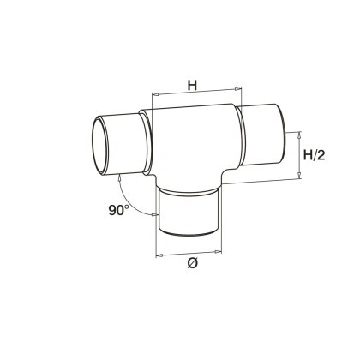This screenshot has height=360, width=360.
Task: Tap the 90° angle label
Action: (120, 210)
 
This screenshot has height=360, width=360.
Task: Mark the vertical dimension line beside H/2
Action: (299, 155)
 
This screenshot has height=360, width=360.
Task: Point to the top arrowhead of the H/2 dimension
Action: (299, 135)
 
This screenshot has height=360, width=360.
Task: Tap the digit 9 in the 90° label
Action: (112, 210)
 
